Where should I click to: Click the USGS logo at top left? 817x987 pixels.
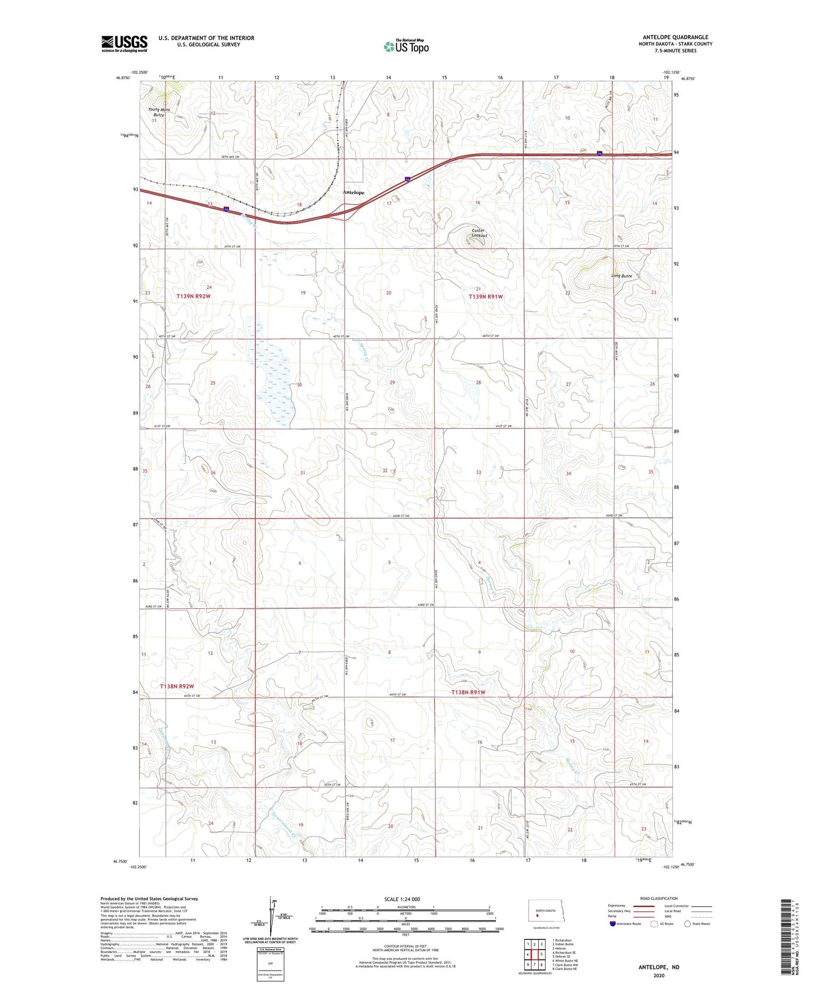click(124, 44)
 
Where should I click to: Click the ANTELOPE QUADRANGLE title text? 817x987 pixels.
click(675, 37)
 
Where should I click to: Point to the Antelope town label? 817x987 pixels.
click(353, 193)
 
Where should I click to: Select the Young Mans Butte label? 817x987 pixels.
click(159, 112)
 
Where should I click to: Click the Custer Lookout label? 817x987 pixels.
click(478, 233)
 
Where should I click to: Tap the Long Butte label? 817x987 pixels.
click(621, 276)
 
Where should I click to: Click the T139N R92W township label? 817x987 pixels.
click(193, 296)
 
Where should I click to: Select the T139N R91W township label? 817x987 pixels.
click(486, 297)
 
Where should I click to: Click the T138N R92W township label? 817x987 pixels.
click(177, 686)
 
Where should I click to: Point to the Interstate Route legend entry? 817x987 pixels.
click(625, 924)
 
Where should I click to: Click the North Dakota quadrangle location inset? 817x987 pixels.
click(546, 912)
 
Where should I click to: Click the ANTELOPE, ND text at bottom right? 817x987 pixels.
click(659, 967)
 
